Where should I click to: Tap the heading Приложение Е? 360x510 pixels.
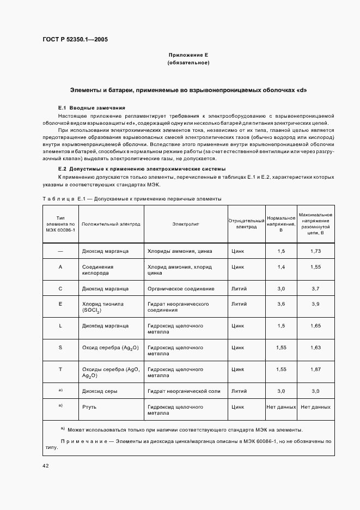point(188,56)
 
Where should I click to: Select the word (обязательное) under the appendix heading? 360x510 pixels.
point(188,63)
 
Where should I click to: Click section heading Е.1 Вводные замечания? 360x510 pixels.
point(91,108)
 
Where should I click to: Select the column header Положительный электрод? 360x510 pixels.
point(111,224)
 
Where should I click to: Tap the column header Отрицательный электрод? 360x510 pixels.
point(246,224)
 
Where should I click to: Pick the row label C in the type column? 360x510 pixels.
point(60,288)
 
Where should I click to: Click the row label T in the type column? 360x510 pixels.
point(60,369)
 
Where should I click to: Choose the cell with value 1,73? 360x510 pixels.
point(316,251)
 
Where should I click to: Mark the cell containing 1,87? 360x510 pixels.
point(316,369)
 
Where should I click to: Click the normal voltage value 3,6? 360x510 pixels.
point(281,303)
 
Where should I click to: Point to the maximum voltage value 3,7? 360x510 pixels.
point(316,288)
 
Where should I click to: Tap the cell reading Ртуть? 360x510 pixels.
point(89,406)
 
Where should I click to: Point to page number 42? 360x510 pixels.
point(45,466)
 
